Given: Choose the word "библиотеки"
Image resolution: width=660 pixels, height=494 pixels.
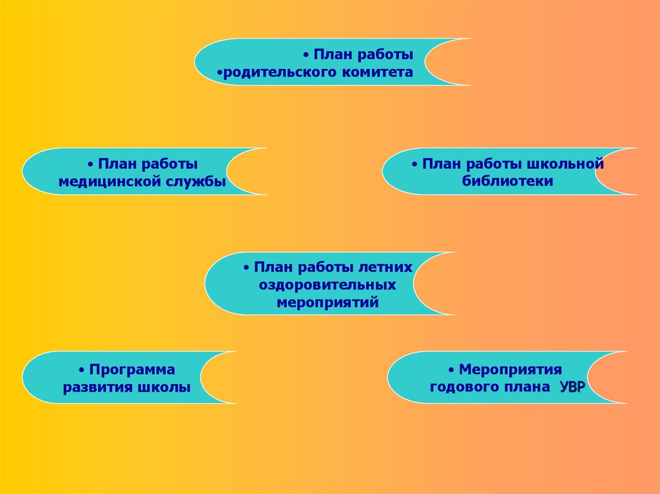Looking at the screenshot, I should coord(507,182).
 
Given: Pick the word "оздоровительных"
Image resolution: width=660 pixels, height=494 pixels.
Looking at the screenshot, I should coord(327,284).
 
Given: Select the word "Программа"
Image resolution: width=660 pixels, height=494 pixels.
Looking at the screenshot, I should coord(132,370).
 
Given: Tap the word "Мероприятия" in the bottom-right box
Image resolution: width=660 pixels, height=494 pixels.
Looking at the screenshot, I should coord(510,370).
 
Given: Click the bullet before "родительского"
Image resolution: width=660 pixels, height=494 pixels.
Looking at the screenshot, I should coord(219,73).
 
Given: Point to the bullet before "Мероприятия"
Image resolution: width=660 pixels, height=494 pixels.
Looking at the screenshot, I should coord(452,370).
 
